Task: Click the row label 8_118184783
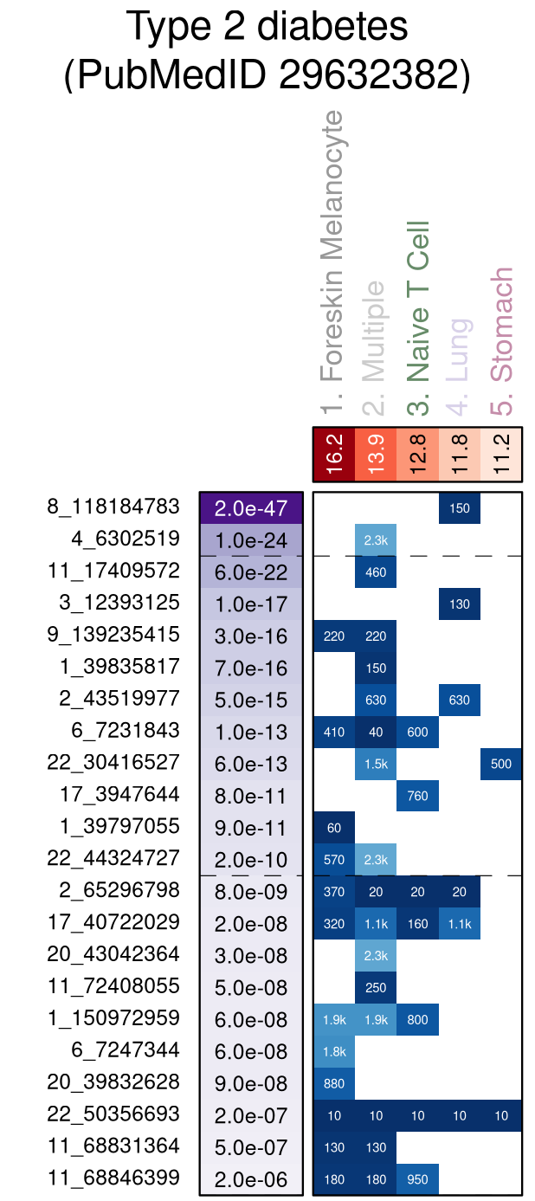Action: pos(113,507)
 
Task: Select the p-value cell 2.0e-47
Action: pos(250,508)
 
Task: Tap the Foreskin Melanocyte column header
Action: pos(332,260)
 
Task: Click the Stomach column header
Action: pos(501,325)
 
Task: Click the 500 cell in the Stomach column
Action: pos(501,764)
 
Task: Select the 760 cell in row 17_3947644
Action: pos(418,796)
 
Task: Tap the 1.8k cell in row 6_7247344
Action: pos(334,1051)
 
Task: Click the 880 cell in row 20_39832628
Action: pos(334,1083)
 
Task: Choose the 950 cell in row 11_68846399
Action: pos(418,1178)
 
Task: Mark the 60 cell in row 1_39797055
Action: pos(334,828)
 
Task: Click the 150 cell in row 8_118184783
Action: pos(460,508)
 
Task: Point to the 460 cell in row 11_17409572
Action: pos(376,572)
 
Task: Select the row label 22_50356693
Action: pos(113,1114)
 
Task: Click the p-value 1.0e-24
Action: pos(250,540)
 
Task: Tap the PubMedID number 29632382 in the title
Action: pos(375,75)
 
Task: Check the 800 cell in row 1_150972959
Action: pos(418,1019)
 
